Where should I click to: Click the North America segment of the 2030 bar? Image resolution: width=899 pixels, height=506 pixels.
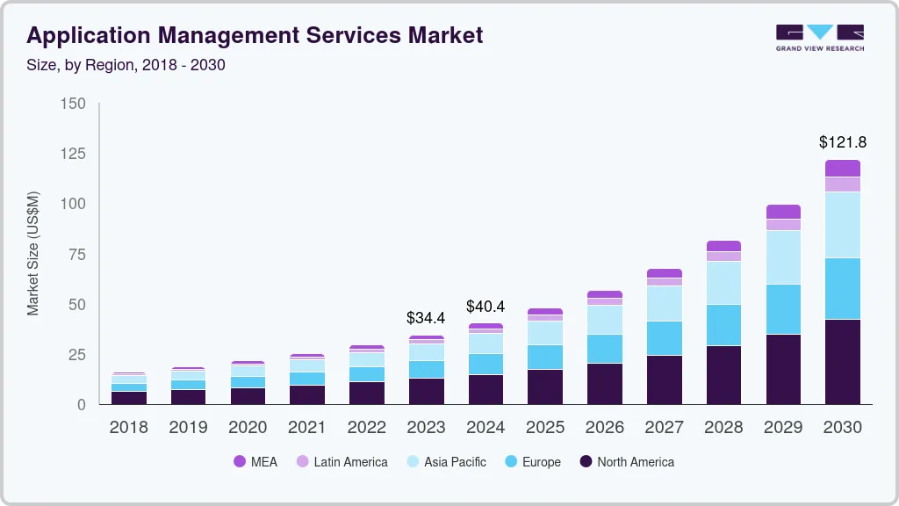(x=843, y=361)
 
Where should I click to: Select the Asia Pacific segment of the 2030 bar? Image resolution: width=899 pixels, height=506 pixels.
(x=843, y=224)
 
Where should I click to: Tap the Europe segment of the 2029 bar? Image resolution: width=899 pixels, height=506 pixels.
(x=783, y=308)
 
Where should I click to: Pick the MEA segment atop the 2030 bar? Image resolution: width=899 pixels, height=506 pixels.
(x=843, y=168)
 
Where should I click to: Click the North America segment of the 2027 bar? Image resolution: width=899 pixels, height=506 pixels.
(x=664, y=379)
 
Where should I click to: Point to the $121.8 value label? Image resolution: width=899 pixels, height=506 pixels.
(x=843, y=141)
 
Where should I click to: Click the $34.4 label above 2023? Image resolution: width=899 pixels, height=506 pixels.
(x=425, y=317)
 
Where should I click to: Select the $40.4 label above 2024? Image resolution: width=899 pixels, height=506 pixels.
(x=485, y=306)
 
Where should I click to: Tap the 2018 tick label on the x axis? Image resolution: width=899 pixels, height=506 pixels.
(x=128, y=428)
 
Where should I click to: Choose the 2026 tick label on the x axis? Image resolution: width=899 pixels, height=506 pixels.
(x=605, y=428)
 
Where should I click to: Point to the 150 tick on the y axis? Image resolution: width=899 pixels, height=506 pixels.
(x=74, y=104)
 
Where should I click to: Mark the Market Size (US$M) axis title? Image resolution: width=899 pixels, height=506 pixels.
(x=32, y=253)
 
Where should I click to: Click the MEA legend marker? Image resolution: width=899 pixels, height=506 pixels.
(x=240, y=462)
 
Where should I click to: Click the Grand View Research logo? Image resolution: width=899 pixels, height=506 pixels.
(x=819, y=38)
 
